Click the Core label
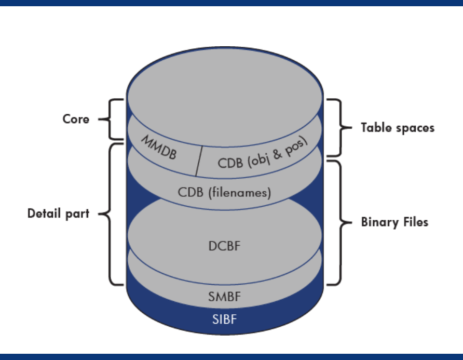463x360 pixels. point(76,119)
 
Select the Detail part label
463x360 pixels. point(58,214)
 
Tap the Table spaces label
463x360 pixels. point(398,127)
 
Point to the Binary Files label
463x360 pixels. point(394,222)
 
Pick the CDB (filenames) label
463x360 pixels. point(225,192)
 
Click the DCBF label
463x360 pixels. point(225,246)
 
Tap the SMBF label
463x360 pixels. point(225,297)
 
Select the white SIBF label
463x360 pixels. point(225,319)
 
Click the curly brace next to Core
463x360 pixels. point(115,119)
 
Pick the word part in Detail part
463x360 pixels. point(79,214)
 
